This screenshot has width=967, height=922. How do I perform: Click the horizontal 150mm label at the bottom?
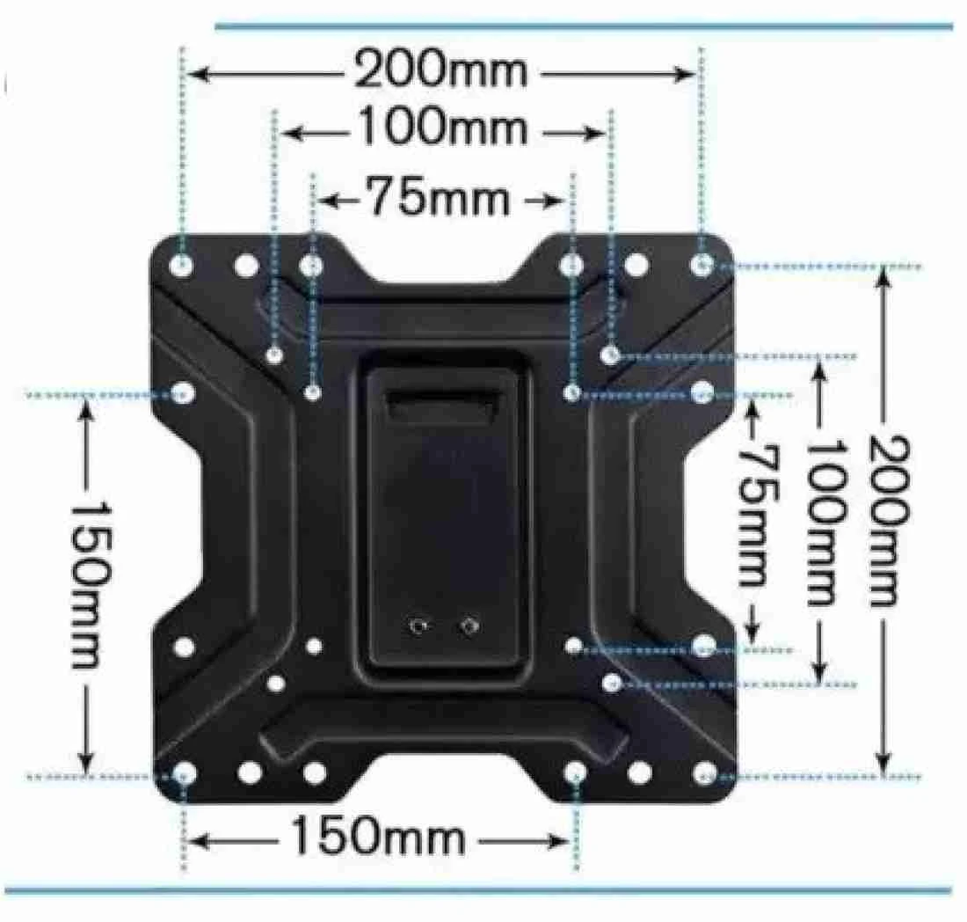(377, 836)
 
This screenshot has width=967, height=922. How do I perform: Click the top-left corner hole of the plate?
(181, 266)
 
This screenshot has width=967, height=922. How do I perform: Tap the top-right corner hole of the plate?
(702, 265)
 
